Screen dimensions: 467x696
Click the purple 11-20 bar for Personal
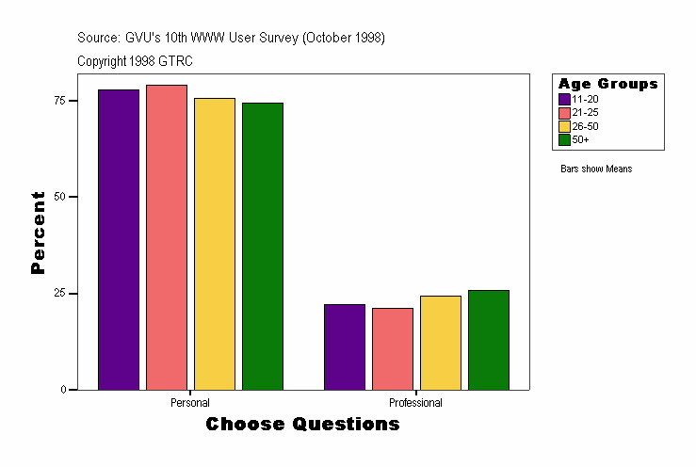(119, 239)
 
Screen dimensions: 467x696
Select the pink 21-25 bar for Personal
(167, 237)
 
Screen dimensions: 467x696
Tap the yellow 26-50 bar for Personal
(215, 244)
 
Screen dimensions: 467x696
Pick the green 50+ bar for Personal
(263, 246)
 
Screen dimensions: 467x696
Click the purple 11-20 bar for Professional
(345, 346)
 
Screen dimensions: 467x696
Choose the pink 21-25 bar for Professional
(393, 348)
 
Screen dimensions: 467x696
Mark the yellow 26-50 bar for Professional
(441, 343)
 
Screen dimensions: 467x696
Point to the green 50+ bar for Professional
(489, 340)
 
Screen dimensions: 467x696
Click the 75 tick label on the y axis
(58, 100)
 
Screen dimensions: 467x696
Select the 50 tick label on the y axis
(58, 197)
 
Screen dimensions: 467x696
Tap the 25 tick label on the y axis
(58, 293)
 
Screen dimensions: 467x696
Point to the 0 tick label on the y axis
(61, 390)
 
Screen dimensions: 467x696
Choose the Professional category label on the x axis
(415, 403)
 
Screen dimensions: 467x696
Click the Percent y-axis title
(38, 233)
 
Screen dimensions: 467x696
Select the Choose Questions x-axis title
(302, 425)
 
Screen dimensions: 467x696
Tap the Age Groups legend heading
(607, 84)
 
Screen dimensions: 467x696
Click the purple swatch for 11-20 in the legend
(564, 99)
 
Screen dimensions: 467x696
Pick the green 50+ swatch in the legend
(564, 139)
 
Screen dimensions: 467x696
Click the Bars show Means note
(596, 169)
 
